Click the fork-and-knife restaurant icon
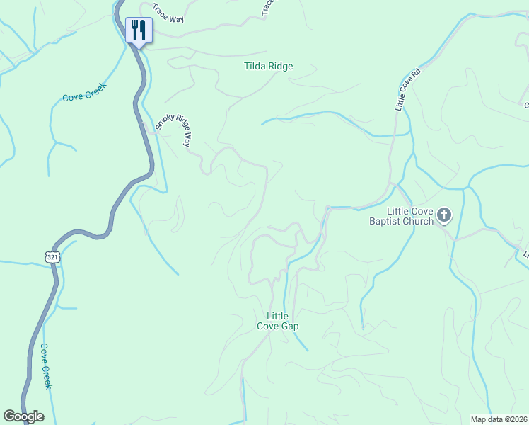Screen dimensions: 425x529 pyautogui.click(x=137, y=30)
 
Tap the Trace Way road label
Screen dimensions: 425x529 pyautogui.click(x=168, y=15)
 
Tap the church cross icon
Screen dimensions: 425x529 pyautogui.click(x=444, y=215)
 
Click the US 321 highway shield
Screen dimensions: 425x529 pyautogui.click(x=52, y=257)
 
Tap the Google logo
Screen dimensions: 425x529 pyautogui.click(x=23, y=416)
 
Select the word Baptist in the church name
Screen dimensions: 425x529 pyautogui.click(x=385, y=221)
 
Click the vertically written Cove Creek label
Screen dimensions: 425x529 pyautogui.click(x=46, y=366)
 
